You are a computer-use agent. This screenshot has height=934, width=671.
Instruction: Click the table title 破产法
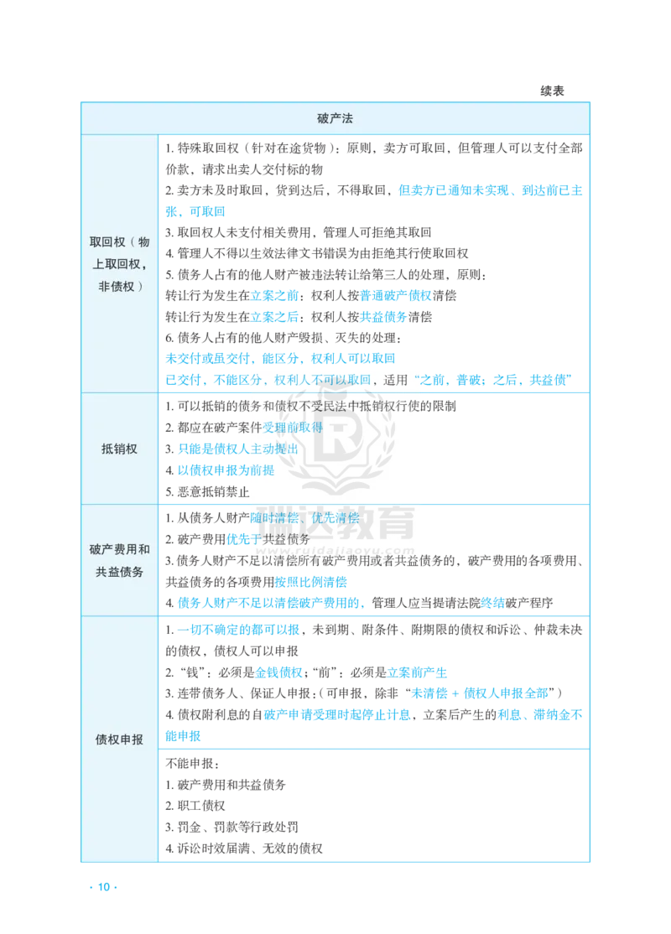[335, 118]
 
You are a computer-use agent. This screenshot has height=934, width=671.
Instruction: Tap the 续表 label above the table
[553, 91]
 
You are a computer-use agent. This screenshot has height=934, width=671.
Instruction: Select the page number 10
[104, 887]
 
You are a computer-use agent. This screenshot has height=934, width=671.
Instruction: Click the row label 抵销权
[119, 449]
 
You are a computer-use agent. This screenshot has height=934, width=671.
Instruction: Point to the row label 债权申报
[119, 739]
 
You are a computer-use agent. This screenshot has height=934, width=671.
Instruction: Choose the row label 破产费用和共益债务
[119, 561]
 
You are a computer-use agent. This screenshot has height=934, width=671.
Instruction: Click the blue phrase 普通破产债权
[396, 295]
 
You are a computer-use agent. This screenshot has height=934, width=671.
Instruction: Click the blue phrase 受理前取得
[293, 427]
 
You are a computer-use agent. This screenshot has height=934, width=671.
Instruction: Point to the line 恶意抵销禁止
[207, 491]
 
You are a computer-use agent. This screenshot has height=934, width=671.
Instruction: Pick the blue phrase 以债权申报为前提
[226, 470]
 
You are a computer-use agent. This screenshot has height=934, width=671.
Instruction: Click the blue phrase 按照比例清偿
[310, 581]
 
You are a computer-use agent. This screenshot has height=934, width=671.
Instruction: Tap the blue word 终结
[493, 603]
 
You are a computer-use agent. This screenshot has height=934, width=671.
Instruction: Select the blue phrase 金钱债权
[278, 672]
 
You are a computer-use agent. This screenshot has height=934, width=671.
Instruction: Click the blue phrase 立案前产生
[417, 672]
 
